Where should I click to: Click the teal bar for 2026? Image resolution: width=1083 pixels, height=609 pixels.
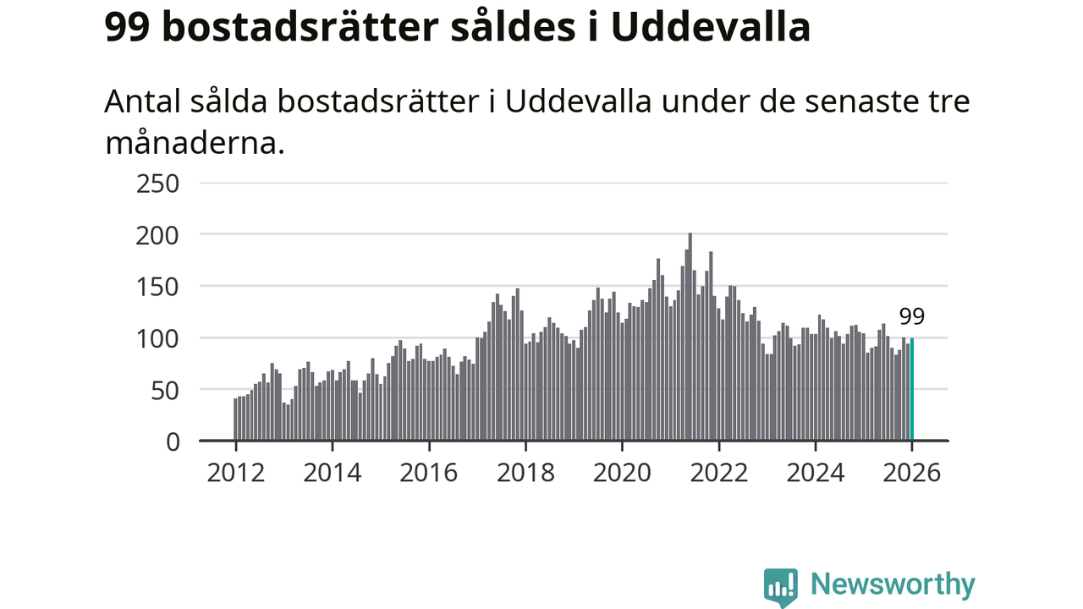tap(912, 389)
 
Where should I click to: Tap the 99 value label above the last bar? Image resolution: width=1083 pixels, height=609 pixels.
tap(912, 317)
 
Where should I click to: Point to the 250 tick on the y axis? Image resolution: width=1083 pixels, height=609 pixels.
tap(158, 183)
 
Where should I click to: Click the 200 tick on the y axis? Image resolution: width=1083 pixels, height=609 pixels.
tap(158, 234)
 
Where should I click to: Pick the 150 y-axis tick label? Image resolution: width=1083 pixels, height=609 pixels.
tap(158, 286)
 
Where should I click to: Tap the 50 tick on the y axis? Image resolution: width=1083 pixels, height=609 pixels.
tap(165, 389)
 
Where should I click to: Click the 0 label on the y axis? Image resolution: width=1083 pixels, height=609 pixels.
tap(173, 441)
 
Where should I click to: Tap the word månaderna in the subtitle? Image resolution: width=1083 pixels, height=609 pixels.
tap(192, 142)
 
